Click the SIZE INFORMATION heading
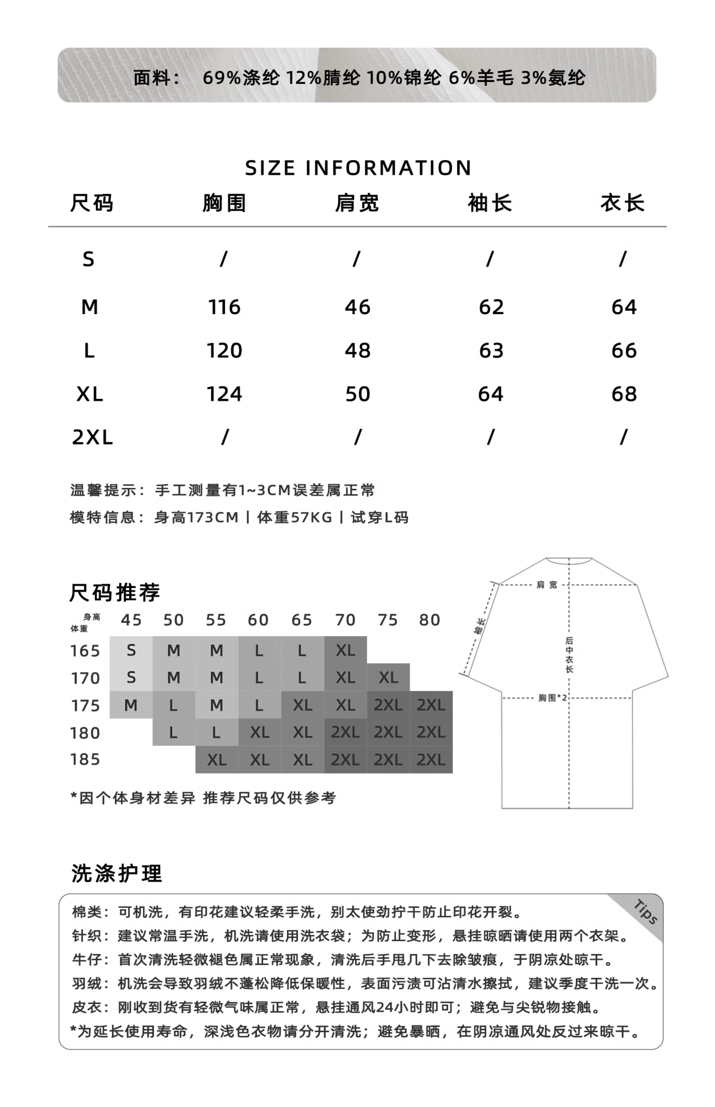click(357, 168)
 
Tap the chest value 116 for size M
click(224, 307)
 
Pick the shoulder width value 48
click(357, 351)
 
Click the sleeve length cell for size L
click(491, 351)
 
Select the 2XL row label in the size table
click(92, 438)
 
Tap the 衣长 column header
click(622, 203)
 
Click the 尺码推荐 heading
click(115, 593)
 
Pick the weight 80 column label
click(430, 620)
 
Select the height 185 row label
click(85, 759)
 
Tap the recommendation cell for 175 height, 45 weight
click(131, 705)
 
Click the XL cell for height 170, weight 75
click(388, 678)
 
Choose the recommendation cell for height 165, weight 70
click(345, 650)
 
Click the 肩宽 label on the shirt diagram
click(546, 585)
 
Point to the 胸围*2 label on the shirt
click(552, 698)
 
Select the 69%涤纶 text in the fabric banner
click(241, 78)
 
